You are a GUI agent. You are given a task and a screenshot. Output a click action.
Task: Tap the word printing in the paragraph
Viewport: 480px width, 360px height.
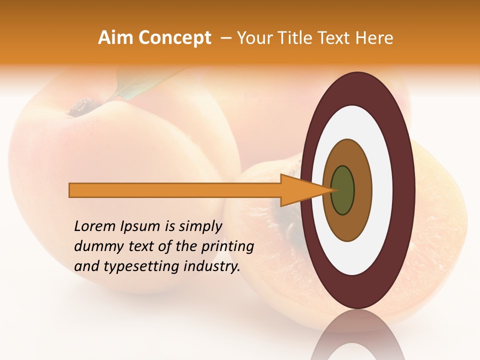tap(227, 246)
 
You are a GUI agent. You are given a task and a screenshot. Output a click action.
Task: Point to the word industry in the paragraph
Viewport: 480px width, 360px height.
tap(212, 266)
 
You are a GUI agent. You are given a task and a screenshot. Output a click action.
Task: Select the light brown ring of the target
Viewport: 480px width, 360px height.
tap(362, 190)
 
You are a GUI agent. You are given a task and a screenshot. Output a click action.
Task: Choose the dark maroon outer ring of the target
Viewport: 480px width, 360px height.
tap(406, 190)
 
